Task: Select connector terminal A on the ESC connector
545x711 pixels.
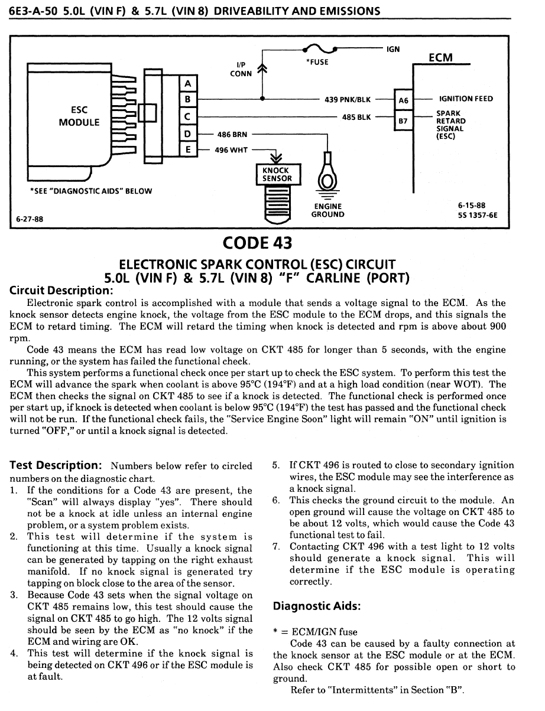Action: (x=187, y=84)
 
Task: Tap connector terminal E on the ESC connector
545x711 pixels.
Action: (x=187, y=149)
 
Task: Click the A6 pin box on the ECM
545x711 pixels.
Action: (x=403, y=100)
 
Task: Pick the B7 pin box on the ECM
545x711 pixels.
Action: (x=403, y=122)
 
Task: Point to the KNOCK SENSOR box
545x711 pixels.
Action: (x=277, y=174)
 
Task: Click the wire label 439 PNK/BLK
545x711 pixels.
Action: (x=348, y=100)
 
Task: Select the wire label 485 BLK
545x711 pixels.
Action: (x=356, y=117)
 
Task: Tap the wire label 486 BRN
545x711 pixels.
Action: (x=232, y=135)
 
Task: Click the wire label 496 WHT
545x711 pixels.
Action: (x=232, y=150)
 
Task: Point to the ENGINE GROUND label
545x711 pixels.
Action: (x=327, y=210)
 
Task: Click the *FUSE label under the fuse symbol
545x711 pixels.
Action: (x=317, y=62)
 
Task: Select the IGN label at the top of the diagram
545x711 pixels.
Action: (x=393, y=50)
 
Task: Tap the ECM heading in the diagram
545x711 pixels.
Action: (x=440, y=57)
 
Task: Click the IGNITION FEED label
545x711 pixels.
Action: (x=466, y=99)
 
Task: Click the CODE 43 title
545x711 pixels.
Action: (x=258, y=242)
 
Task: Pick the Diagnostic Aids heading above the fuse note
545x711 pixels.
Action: (x=316, y=606)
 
